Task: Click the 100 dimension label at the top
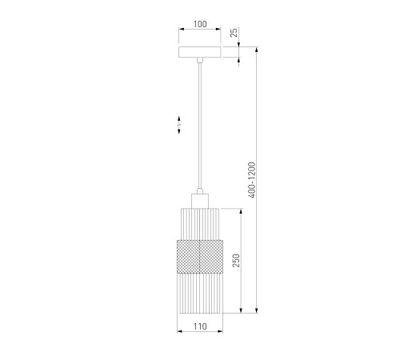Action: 200,24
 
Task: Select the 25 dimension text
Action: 234,33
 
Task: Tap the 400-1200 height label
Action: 252,180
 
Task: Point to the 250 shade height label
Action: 236,260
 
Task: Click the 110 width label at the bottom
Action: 200,326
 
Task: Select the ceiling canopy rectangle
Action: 200,52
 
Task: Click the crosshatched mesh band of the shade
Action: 200,257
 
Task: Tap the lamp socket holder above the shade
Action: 200,201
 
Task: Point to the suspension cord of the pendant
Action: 200,126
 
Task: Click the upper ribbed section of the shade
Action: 200,224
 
